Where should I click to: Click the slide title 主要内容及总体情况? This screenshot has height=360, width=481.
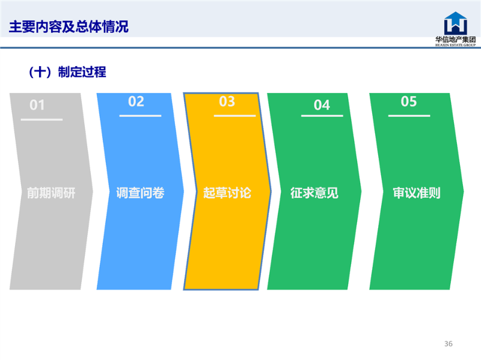[69, 26]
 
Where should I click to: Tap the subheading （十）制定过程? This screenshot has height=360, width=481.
[67, 72]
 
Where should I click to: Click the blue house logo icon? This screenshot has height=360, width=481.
[456, 23]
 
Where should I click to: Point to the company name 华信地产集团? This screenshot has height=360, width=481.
[456, 39]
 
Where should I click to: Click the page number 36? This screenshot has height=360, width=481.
[449, 344]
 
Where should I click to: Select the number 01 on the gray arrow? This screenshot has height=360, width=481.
[37, 105]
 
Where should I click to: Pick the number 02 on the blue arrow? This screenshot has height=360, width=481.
[136, 102]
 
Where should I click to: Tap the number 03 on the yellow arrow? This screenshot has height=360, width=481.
[227, 102]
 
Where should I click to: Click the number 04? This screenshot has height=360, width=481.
[322, 105]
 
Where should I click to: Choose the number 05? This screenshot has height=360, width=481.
[409, 102]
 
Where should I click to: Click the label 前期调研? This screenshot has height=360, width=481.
[51, 193]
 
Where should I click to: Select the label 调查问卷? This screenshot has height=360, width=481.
[140, 193]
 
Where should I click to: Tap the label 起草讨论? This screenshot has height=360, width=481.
[227, 193]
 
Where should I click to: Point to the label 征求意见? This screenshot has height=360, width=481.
[314, 193]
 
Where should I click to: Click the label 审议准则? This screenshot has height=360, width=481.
[417, 193]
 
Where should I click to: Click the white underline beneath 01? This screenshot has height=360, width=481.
[41, 119]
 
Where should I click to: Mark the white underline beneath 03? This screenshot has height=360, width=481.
[234, 115]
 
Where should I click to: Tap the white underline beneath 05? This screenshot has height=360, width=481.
[409, 115]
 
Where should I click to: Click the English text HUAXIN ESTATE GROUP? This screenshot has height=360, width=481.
[456, 45]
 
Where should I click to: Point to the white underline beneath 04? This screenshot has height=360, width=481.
[322, 115]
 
